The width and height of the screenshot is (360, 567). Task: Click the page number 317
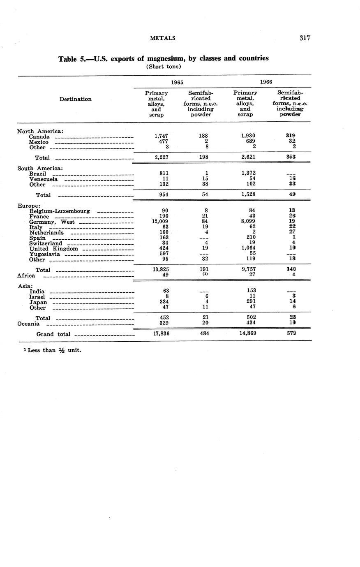pyautogui.click(x=305, y=38)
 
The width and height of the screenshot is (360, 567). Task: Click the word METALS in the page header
pyautogui.click(x=163, y=38)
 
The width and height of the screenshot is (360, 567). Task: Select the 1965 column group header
pyautogui.click(x=177, y=82)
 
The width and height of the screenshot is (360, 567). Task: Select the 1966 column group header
pyautogui.click(x=266, y=82)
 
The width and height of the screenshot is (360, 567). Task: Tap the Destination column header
pyautogui.click(x=76, y=99)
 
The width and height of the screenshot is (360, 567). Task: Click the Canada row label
pyautogui.click(x=39, y=137)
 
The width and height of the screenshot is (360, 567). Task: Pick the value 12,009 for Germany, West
pyautogui.click(x=159, y=222)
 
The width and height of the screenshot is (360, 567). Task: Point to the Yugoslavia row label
pyautogui.click(x=45, y=254)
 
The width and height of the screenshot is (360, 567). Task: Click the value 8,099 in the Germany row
pyautogui.click(x=249, y=222)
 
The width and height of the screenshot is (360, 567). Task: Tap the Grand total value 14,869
pyautogui.click(x=248, y=333)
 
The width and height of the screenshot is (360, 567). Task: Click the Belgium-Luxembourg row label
pyautogui.click(x=60, y=211)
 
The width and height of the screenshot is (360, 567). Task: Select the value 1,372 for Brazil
pyautogui.click(x=249, y=174)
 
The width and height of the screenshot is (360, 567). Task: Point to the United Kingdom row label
pyautogui.click(x=53, y=249)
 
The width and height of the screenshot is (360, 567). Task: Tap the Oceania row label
pyautogui.click(x=28, y=324)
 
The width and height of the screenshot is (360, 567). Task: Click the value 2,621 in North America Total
pyautogui.click(x=249, y=157)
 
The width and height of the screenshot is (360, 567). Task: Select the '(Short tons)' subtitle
pyautogui.click(x=164, y=67)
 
